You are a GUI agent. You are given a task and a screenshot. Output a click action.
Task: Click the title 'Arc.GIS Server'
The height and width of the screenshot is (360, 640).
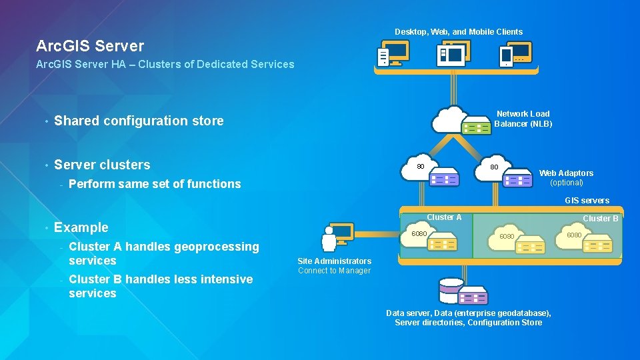90,46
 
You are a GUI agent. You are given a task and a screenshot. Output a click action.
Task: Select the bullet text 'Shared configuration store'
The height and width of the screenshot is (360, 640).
139,121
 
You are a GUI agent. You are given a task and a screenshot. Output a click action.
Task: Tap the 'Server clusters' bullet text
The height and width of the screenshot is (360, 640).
102,165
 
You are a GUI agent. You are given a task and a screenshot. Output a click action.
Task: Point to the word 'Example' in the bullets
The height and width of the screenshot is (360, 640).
81,227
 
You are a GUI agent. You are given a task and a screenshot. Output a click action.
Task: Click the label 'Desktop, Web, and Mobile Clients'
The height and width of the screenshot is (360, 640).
459,32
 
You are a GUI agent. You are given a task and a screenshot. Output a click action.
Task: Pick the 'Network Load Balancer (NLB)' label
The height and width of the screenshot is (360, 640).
523,119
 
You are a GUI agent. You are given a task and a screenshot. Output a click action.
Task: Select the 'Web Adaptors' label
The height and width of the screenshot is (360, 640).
566,173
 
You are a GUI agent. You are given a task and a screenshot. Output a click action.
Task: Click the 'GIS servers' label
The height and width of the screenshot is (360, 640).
587,201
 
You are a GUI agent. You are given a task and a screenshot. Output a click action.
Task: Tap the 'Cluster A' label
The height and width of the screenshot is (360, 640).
444,217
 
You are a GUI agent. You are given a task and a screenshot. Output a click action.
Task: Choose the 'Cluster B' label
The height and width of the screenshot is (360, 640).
601,219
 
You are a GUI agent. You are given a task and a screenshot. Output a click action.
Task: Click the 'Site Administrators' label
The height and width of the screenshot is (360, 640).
334,261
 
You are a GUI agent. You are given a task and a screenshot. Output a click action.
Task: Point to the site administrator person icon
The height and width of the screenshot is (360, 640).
329,240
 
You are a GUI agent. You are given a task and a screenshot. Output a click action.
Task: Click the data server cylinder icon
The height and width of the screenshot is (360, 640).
451,290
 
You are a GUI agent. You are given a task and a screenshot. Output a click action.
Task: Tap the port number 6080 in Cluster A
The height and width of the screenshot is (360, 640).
419,234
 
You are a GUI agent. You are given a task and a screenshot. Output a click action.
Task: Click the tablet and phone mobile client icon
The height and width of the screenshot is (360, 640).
516,53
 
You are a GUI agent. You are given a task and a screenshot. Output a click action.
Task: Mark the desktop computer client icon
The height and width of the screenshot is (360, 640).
393,53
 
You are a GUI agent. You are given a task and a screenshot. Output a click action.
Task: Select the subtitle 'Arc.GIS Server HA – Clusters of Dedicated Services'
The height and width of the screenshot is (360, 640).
165,65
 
